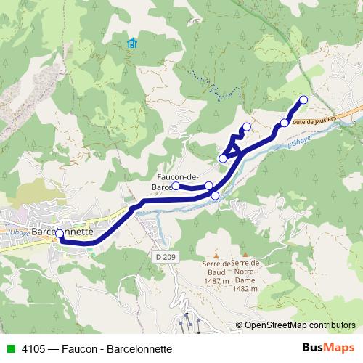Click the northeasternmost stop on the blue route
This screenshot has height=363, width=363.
coord(303,100)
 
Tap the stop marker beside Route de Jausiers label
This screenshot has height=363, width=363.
coord(285,123)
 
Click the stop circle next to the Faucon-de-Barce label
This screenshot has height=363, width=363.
coord(176,186)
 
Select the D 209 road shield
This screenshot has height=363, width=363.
coord(165,256)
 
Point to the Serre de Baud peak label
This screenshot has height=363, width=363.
coord(217,267)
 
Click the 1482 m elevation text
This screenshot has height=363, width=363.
coord(245,289)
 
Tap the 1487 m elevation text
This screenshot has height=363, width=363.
coord(217,281)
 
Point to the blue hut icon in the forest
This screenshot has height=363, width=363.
coord(131,44)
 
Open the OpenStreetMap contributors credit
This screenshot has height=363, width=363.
coord(300,325)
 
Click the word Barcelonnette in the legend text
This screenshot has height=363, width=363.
coord(139,348)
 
